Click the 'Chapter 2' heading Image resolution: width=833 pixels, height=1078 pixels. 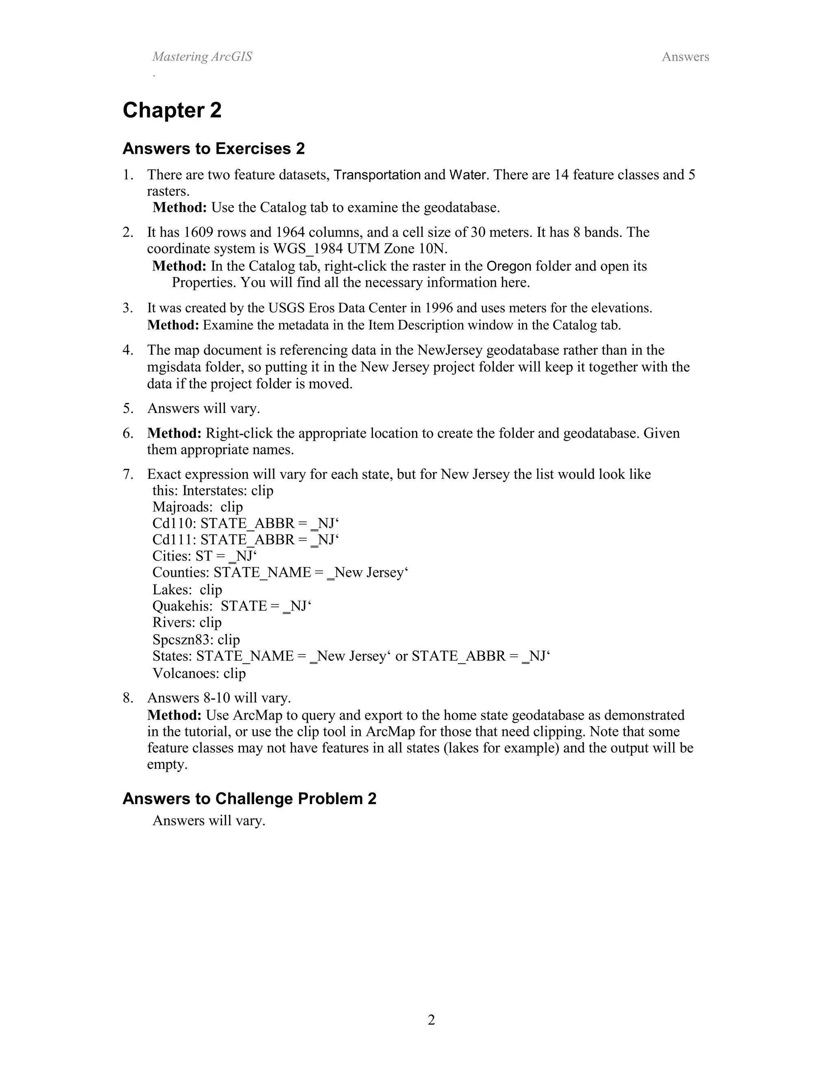pyautogui.click(x=172, y=110)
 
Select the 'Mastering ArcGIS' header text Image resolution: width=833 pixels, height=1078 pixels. pyautogui.click(x=202, y=57)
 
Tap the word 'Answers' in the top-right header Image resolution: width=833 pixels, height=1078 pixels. pyautogui.click(x=685, y=57)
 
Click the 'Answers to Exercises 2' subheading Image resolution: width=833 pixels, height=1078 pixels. pyautogui.click(x=213, y=148)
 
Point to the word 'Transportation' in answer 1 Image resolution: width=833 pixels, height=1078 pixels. pyautogui.click(x=377, y=175)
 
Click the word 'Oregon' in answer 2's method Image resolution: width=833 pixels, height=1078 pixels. pyautogui.click(x=509, y=266)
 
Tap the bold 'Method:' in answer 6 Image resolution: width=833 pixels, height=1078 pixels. pyautogui.click(x=174, y=433)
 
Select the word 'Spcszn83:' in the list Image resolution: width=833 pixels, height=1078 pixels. pyautogui.click(x=183, y=640)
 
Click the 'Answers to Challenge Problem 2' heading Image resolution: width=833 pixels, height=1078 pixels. pyautogui.click(x=249, y=799)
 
